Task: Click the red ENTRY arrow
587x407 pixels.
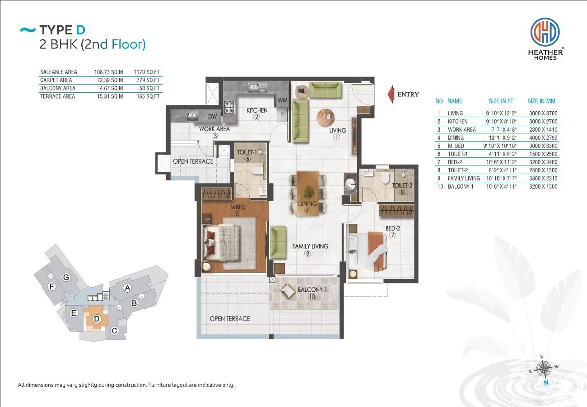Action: [x=391, y=94]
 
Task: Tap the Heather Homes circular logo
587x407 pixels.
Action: [x=545, y=32]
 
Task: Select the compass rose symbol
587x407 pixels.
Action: [x=544, y=369]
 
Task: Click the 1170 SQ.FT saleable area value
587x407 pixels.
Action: [x=146, y=72]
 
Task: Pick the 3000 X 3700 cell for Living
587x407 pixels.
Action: [x=543, y=113]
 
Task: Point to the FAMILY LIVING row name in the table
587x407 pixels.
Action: [x=464, y=179]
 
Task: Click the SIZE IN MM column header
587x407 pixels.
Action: [x=541, y=101]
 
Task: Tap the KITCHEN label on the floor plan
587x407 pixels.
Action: [x=257, y=110]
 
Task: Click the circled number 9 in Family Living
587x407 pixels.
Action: [x=307, y=254]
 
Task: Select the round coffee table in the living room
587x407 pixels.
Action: [x=326, y=117]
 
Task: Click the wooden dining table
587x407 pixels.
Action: [x=307, y=194]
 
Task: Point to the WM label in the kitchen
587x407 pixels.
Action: [x=283, y=100]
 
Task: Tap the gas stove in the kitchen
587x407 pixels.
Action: [x=229, y=108]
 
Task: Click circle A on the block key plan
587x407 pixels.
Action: [x=127, y=288]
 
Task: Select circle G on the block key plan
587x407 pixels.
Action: [x=66, y=277]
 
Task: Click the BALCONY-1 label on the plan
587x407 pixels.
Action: [x=312, y=290]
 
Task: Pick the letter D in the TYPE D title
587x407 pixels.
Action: [x=81, y=30]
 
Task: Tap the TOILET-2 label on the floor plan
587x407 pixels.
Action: [x=402, y=185]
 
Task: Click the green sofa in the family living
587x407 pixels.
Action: [x=278, y=242]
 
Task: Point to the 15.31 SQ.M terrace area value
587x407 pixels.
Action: [x=110, y=96]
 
